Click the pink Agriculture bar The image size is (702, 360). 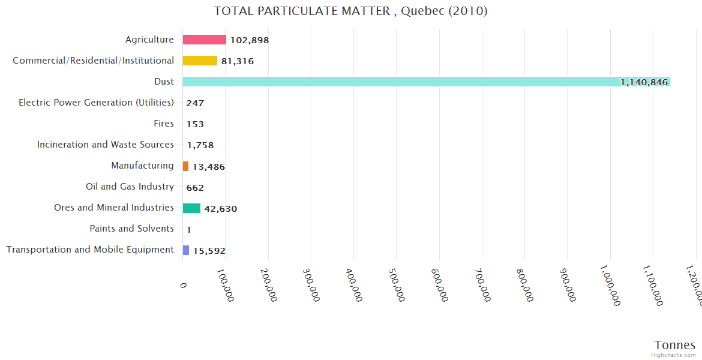[x=205, y=40]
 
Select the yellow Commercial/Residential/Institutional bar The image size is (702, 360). [x=200, y=61]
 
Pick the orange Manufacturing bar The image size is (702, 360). [x=185, y=166]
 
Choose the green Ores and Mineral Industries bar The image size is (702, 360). [x=191, y=208]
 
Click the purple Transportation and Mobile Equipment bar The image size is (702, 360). [x=186, y=250]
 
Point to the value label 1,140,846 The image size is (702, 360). [x=644, y=82]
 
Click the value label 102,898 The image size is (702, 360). [x=250, y=40]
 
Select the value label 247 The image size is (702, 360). [x=195, y=103]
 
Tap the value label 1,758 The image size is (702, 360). [x=200, y=145]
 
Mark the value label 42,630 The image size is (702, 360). [x=221, y=209]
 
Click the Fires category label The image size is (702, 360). [x=164, y=124]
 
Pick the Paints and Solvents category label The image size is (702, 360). [x=132, y=229]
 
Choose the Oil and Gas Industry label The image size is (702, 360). [x=130, y=187]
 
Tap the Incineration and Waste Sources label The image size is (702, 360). [x=106, y=145]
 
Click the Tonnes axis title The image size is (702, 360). [x=674, y=345]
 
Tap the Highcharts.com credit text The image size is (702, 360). [x=674, y=355]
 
